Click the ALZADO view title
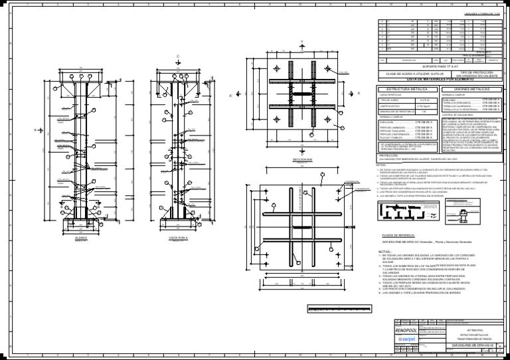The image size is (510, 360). (x=80, y=237)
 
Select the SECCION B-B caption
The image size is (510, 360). (x=302, y=160)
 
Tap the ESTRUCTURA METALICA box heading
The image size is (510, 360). (x=402, y=88)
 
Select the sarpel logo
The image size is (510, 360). (x=405, y=339)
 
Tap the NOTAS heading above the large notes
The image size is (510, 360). (x=385, y=252)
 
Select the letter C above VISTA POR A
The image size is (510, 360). (x=178, y=56)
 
